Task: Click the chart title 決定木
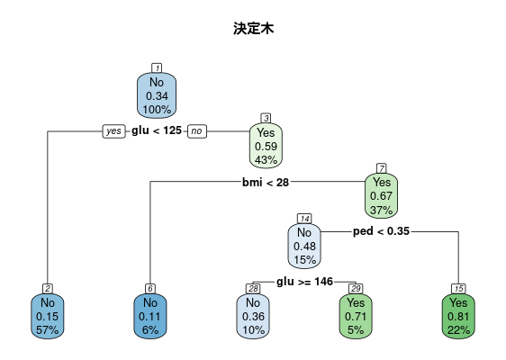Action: pyautogui.click(x=253, y=29)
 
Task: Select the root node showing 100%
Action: pyautogui.click(x=157, y=95)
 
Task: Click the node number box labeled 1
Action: pyautogui.click(x=157, y=68)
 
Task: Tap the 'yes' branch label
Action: pyautogui.click(x=114, y=131)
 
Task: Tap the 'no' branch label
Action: pyautogui.click(x=197, y=131)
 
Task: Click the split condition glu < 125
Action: pyautogui.click(x=157, y=130)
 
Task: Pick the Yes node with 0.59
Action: pyautogui.click(x=266, y=146)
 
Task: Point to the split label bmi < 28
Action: pyautogui.click(x=266, y=183)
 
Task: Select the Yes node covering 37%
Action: pyautogui.click(x=381, y=196)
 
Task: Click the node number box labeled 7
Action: pyautogui.click(x=382, y=168)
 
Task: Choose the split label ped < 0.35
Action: pyautogui.click(x=381, y=231)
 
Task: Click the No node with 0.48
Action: pyautogui.click(x=304, y=246)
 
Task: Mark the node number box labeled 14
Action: pyautogui.click(x=304, y=219)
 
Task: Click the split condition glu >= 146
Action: pyautogui.click(x=304, y=282)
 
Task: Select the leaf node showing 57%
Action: pyautogui.click(x=48, y=316)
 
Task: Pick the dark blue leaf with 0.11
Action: pyautogui.click(x=150, y=316)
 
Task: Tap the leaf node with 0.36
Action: pyautogui.click(x=253, y=316)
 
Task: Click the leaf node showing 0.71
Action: pyautogui.click(x=356, y=316)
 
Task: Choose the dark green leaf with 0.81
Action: pyautogui.click(x=458, y=316)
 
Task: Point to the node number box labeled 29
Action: pyautogui.click(x=356, y=289)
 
